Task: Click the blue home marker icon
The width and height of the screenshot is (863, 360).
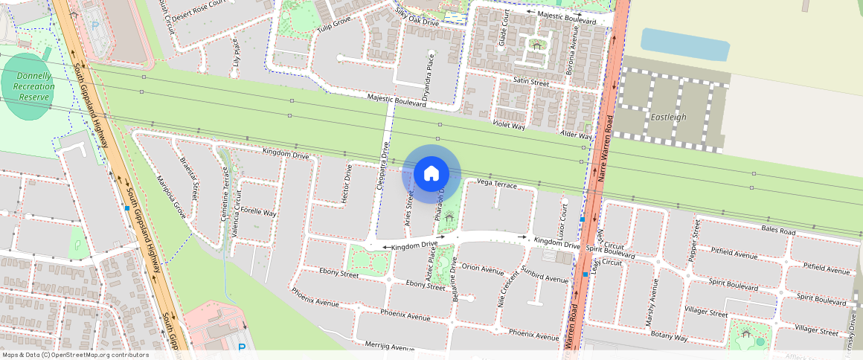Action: pyautogui.click(x=431, y=174)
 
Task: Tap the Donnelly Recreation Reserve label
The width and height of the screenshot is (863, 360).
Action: pyautogui.click(x=33, y=86)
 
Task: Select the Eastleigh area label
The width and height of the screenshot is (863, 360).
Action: pyautogui.click(x=668, y=118)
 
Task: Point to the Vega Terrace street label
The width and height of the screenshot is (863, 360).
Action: pyautogui.click(x=496, y=183)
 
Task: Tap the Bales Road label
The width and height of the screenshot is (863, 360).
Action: pyautogui.click(x=779, y=232)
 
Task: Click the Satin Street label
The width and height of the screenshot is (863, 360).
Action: pyautogui.click(x=530, y=82)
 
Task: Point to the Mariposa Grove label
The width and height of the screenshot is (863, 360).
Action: pyautogui.click(x=170, y=197)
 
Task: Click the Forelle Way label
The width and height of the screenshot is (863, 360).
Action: pyautogui.click(x=259, y=213)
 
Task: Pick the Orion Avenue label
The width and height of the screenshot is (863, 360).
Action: pyautogui.click(x=483, y=268)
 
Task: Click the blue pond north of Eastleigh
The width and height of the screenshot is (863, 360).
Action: pyautogui.click(x=684, y=45)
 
